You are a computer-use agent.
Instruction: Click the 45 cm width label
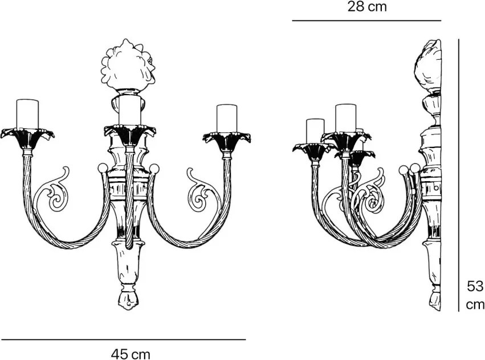tap(131, 354)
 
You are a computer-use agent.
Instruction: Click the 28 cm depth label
tap(367, 7)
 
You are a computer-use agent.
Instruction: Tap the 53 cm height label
tap(475, 294)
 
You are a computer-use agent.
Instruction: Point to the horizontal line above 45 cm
tap(123, 339)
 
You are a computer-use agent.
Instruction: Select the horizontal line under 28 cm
tap(366, 21)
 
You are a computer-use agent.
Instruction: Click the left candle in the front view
tap(27, 114)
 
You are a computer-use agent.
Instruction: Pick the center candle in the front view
tap(130, 111)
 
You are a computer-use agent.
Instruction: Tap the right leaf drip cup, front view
tap(227, 138)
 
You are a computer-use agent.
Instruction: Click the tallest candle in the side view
tap(345, 118)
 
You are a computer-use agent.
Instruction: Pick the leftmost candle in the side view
tap(315, 130)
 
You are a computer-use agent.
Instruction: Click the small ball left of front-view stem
tap(103, 168)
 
